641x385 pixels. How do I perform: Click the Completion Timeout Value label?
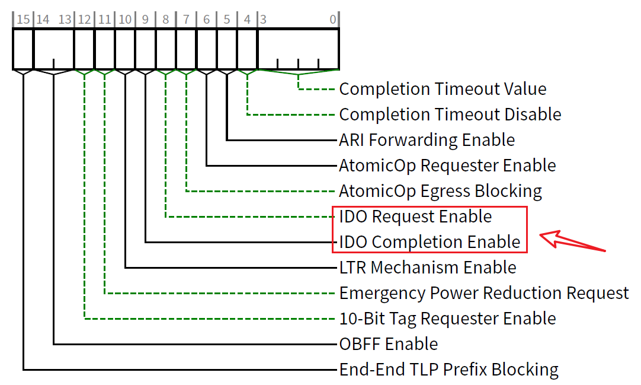(443, 90)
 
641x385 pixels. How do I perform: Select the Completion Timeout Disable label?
(450, 114)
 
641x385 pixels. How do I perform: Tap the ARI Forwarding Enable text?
(427, 140)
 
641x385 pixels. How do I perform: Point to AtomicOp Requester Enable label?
(447, 166)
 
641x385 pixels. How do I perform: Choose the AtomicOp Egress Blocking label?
(440, 191)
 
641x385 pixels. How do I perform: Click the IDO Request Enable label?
(415, 217)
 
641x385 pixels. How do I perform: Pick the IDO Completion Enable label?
(430, 242)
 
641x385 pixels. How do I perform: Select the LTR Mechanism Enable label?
(427, 268)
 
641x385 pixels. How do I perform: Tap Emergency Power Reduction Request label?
(483, 293)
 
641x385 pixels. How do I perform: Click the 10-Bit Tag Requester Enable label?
(447, 319)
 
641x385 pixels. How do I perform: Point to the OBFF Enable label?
(389, 344)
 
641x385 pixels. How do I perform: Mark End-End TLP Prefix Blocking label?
(448, 370)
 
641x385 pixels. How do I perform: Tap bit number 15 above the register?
(23, 20)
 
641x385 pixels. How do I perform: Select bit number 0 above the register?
(333, 20)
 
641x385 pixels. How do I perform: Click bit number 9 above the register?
(145, 20)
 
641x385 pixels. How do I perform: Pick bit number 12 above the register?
(84, 20)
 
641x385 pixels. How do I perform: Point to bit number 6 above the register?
(206, 20)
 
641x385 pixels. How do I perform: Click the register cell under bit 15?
(23, 49)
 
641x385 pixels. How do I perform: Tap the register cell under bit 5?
(227, 49)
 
